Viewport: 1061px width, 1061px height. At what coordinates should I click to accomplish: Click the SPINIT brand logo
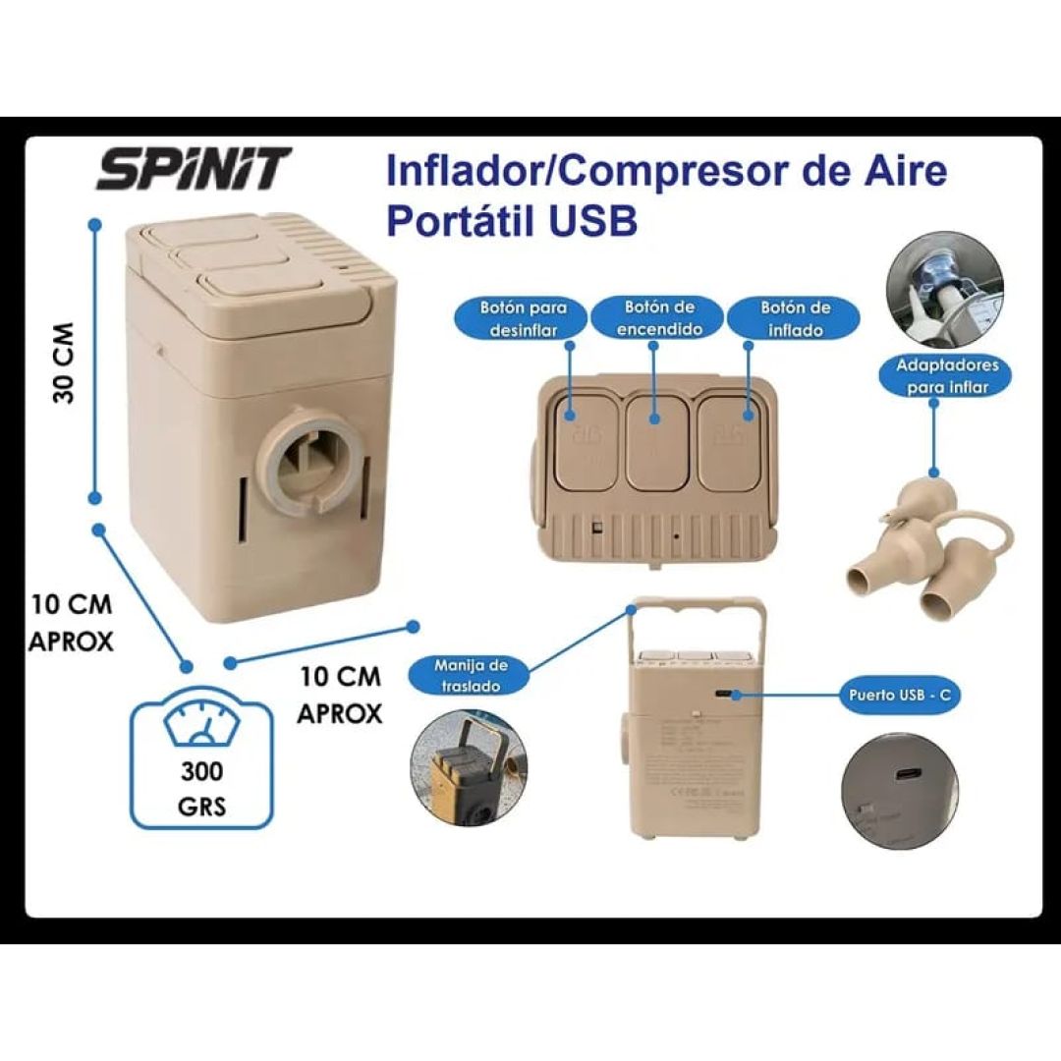194,169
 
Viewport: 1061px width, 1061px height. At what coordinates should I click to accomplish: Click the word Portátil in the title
458,220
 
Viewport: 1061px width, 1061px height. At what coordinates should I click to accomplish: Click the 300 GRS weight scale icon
201,757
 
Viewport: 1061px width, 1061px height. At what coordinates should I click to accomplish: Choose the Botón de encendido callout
659,318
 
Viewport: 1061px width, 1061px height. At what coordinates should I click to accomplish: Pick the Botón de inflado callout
795,318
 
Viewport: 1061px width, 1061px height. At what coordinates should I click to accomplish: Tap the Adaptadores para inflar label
935,375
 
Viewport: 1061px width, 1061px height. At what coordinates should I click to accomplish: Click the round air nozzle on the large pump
306,461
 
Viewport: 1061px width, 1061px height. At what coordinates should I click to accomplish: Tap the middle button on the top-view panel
659,441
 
